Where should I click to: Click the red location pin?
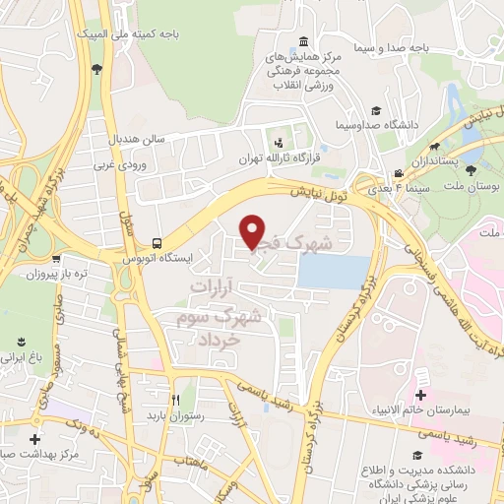coord(254,230)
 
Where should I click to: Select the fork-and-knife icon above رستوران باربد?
coord(174,401)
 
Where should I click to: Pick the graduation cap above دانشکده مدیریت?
coord(418,455)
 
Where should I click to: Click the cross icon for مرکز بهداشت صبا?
coord(35,439)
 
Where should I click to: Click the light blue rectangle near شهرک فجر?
coord(333,272)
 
